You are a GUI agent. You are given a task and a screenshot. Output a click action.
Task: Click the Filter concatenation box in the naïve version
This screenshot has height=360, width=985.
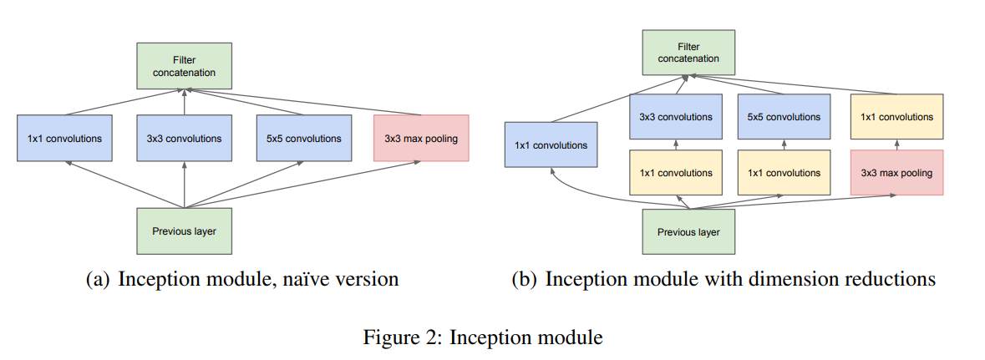coord(184,66)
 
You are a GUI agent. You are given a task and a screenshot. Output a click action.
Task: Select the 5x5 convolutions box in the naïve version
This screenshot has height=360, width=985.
coord(303,138)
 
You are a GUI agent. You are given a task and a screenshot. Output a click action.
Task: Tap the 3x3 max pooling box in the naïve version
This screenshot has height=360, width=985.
coord(421,138)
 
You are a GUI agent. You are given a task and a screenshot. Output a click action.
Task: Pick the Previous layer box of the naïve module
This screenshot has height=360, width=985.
coord(184,231)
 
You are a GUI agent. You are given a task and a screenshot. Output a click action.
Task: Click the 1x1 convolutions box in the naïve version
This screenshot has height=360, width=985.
coord(64,138)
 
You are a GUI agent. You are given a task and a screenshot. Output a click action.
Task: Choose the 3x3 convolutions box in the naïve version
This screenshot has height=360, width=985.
coord(184,138)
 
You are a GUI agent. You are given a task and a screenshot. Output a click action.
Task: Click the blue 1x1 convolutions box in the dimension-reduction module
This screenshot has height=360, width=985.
coord(551,145)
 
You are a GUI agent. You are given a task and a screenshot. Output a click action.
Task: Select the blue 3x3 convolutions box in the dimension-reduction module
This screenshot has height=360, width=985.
coord(676,117)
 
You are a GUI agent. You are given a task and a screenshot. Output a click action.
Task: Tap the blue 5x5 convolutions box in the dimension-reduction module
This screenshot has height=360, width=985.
coord(784,117)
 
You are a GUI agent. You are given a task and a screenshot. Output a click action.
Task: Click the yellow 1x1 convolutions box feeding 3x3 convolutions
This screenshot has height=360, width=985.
coord(676,173)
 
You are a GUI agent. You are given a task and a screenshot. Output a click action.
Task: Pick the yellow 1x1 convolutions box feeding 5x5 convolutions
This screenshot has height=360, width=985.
coord(784,173)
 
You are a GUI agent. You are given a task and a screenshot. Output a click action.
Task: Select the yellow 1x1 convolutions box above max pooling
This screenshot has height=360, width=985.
coord(896,117)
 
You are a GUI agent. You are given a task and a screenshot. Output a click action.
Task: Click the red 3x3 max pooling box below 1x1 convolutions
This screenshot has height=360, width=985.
coord(896,173)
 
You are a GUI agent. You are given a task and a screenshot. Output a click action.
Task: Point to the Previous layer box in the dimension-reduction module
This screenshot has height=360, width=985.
coord(688,232)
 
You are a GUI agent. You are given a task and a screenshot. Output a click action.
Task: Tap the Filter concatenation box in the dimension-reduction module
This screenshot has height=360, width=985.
coord(688,53)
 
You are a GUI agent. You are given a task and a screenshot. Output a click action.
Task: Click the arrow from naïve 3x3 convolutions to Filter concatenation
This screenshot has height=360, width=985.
coord(184,103)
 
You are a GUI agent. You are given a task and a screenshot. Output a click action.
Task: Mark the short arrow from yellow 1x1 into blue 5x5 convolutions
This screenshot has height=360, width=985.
coord(784,145)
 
